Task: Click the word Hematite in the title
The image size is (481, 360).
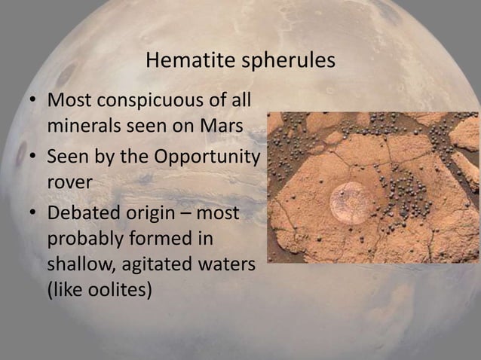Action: (179, 61)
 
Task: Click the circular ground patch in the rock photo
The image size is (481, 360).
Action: (351, 202)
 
